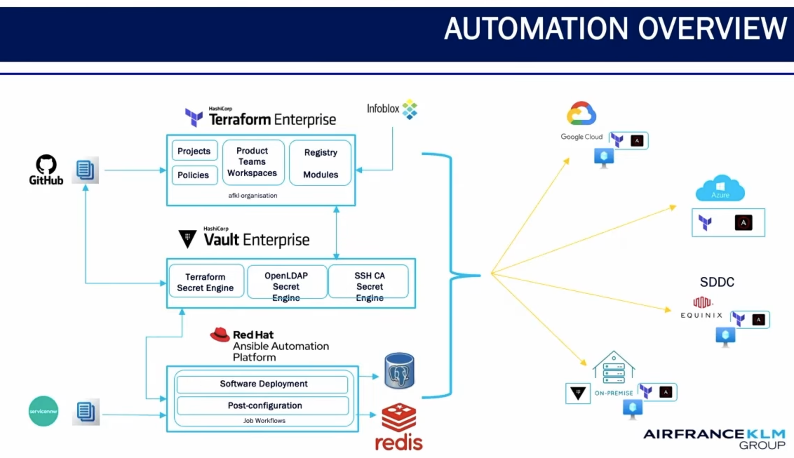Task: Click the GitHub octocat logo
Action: tap(46, 164)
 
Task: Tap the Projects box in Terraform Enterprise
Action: tap(194, 151)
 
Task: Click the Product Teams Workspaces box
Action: tap(253, 162)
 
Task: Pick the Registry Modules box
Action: tap(320, 163)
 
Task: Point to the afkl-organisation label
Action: tap(253, 196)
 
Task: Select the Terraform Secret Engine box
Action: tap(206, 282)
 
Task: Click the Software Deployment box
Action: tap(263, 384)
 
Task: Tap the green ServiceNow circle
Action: tap(43, 411)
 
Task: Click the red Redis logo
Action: tap(399, 427)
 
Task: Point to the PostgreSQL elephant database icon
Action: tap(399, 371)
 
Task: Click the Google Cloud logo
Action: tap(581, 114)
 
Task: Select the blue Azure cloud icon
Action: tap(720, 188)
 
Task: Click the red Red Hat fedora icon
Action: tap(220, 335)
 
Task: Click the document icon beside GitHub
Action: tap(85, 170)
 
